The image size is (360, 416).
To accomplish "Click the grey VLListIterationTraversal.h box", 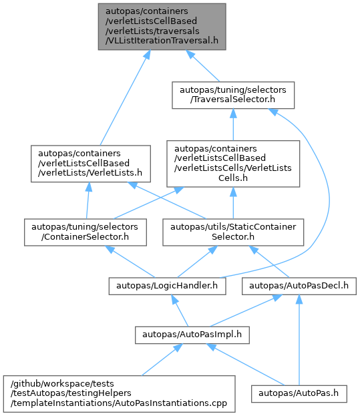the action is [162, 27].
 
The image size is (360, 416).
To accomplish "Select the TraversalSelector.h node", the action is [233, 95].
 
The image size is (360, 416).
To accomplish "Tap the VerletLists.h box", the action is [91, 164].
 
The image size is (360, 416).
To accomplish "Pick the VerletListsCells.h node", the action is [233, 164].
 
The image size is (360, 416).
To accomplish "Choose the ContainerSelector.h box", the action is [85, 232].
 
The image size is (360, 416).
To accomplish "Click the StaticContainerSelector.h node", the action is [233, 232].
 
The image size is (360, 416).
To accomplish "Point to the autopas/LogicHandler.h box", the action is [167, 286].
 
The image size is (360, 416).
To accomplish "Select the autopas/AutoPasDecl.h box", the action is [299, 286].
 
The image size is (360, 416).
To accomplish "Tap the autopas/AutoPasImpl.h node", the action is [192, 335].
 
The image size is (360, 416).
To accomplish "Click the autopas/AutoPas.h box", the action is [299, 394].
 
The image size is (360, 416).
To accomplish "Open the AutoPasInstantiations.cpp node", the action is [119, 394].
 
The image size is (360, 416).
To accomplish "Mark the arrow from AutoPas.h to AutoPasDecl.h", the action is [299, 340].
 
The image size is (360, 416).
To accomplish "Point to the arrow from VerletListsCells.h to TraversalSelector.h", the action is [233, 124].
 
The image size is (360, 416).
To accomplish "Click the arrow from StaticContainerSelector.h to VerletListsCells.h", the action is [233, 203].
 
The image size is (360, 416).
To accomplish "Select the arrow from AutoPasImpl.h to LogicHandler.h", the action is [180, 310].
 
